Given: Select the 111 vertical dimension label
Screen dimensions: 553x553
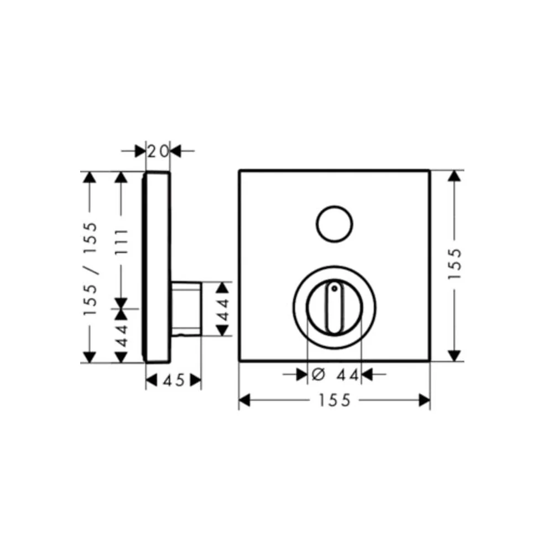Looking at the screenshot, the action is [122, 242].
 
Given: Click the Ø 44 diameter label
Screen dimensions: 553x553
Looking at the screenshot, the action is [336, 374].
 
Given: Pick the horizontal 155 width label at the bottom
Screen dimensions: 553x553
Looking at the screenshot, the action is [335, 400].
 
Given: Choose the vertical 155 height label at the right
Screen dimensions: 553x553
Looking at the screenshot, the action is [455, 264].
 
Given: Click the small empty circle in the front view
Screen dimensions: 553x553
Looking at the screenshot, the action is [335, 224].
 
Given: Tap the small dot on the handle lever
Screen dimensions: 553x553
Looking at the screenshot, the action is [334, 289].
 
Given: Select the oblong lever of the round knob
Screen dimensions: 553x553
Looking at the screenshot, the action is [334, 307].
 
